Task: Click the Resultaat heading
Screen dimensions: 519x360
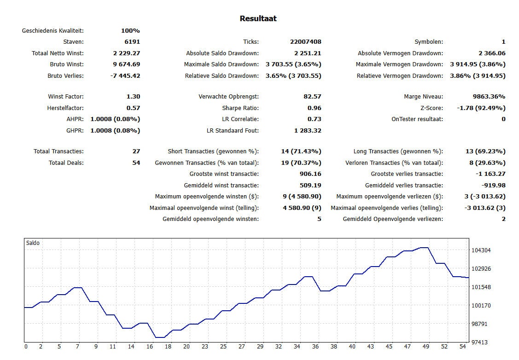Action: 258,18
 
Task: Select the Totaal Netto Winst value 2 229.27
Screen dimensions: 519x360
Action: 127,53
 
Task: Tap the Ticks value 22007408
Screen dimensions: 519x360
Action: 305,42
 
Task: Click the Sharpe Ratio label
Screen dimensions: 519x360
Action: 240,108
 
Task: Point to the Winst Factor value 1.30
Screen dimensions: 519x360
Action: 133,97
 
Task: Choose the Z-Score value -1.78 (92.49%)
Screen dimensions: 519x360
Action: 481,108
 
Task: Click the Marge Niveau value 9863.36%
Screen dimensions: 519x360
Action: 489,97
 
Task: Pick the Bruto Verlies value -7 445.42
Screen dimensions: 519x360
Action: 125,76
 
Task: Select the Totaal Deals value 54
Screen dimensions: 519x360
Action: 136,163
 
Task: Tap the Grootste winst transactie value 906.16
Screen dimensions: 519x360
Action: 310,174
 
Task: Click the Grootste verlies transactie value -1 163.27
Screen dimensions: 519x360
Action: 490,174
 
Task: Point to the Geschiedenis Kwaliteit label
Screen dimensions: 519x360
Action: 52,31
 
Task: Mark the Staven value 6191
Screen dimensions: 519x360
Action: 132,42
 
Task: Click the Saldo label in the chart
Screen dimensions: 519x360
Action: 33,243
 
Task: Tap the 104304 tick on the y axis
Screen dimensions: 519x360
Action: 481,250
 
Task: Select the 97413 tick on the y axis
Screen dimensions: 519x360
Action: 479,342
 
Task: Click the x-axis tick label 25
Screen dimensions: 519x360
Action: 223,347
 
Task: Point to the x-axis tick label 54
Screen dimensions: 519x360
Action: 463,347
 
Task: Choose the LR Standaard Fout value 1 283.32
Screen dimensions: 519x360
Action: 308,131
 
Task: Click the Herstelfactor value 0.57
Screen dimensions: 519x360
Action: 133,108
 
